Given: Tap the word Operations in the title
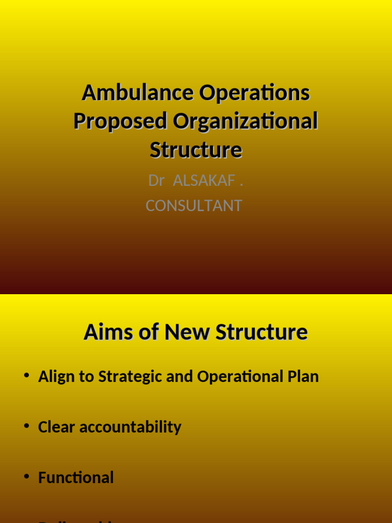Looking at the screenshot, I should pyautogui.click(x=255, y=93).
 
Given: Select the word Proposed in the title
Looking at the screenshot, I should pyautogui.click(x=120, y=122).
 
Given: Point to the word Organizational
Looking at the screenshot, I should pyautogui.click(x=246, y=122).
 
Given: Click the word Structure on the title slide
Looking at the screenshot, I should pyautogui.click(x=196, y=150).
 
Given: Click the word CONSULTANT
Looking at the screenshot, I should pyautogui.click(x=194, y=206).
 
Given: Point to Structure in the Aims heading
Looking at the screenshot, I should pyautogui.click(x=262, y=332).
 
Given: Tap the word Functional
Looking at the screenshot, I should pyautogui.click(x=76, y=478).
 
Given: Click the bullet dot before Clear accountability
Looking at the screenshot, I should pyautogui.click(x=27, y=426).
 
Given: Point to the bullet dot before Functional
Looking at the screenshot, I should pyautogui.click(x=27, y=477).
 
